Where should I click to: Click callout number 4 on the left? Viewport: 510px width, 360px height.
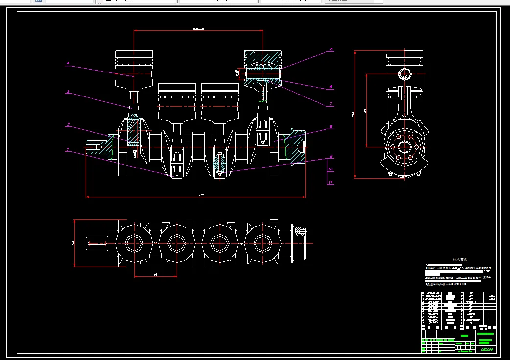pos(68,63)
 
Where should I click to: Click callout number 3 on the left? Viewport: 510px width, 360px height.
pos(68,92)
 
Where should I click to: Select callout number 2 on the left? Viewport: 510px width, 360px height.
pos(68,125)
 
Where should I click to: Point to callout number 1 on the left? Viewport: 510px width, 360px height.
pos(68,149)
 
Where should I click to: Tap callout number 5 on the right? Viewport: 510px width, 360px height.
pos(331,49)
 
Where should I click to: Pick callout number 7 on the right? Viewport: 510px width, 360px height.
pos(331,104)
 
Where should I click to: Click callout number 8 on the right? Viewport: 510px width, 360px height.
pos(331,127)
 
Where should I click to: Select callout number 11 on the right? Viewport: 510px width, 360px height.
pos(331,182)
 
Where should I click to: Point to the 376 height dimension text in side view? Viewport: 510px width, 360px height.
pos(353,115)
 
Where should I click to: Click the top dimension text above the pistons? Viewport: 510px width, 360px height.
pos(198,29)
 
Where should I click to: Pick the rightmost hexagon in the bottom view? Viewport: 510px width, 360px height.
pos(263,242)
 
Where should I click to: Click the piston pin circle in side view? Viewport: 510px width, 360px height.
pos(404,74)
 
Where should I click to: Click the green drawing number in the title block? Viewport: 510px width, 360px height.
pos(487,349)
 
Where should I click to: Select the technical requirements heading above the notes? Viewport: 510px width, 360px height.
pos(460,260)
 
